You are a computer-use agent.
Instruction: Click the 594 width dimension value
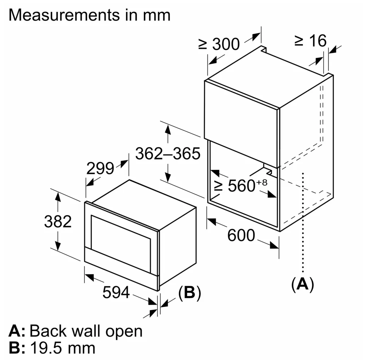click(116, 292)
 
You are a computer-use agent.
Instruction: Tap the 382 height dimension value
click(58, 221)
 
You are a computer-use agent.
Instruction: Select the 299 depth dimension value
click(100, 168)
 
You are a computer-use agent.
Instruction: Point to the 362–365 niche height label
click(168, 154)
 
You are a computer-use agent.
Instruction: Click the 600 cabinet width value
click(241, 235)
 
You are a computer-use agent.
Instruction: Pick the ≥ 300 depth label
click(219, 44)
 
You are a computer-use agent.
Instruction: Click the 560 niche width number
click(242, 186)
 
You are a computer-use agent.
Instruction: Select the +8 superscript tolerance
click(262, 183)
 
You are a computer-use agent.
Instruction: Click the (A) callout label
click(302, 284)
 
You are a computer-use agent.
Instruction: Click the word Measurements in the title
click(64, 15)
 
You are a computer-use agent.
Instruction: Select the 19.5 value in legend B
click(46, 348)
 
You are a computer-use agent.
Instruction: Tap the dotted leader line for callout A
click(303, 222)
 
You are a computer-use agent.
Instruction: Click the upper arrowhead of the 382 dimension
click(58, 196)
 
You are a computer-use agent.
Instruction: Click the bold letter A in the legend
click(15, 331)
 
